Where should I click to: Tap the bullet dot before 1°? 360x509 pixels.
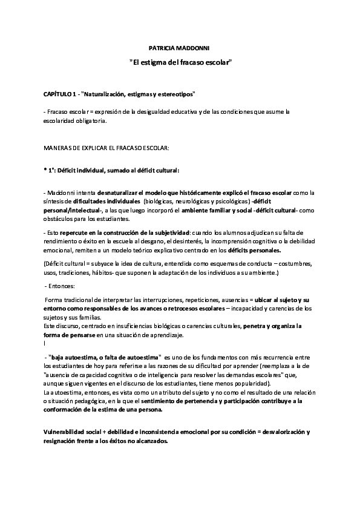[45, 171]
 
